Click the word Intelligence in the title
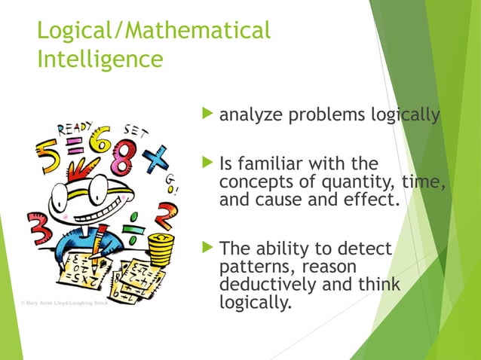pyautogui.click(x=100, y=58)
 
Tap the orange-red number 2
pyautogui.click(x=161, y=215)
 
